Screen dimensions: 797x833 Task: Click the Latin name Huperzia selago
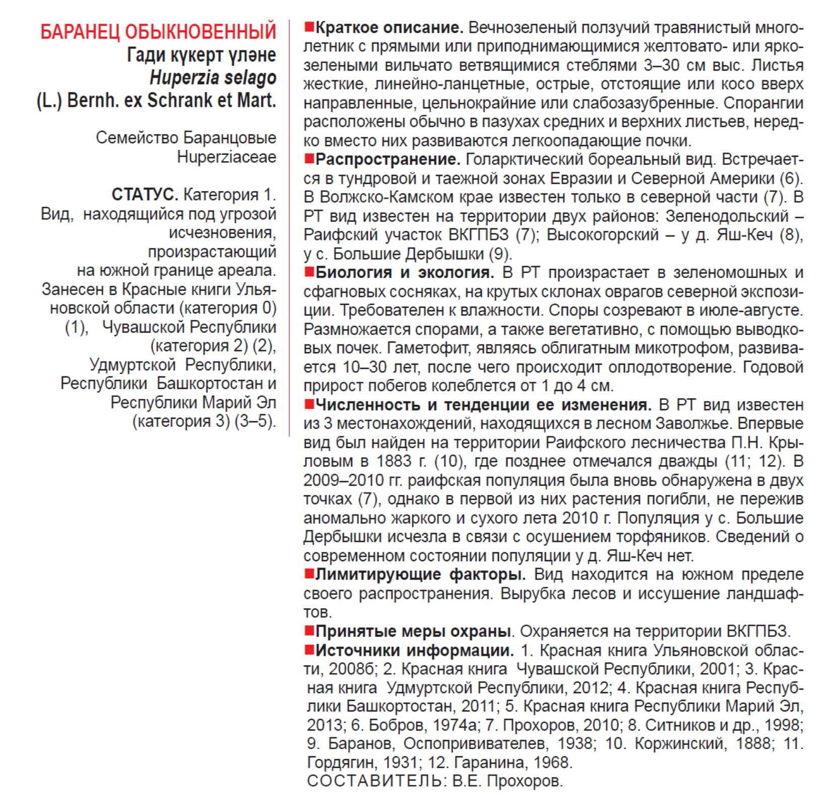coord(213,78)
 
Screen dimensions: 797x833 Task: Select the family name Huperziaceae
coord(226,157)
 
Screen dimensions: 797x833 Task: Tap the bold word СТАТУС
coord(145,194)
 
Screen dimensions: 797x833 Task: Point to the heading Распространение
coord(388,160)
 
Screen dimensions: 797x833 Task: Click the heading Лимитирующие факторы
coord(420,574)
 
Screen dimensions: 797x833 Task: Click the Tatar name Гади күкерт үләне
coord(201,55)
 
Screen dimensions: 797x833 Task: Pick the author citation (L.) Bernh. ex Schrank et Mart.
coord(156,101)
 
